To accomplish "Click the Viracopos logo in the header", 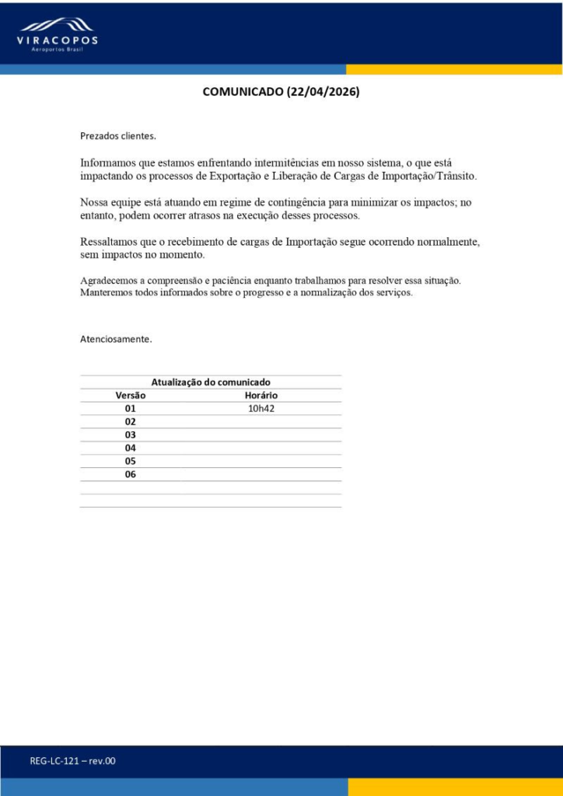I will [58, 34].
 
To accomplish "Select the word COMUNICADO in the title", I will [243, 92].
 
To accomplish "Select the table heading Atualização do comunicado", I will [211, 382].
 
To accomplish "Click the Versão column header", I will [131, 396].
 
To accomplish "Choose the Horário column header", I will [261, 396].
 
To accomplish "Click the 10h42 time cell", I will [261, 409].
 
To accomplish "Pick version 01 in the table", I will [131, 409].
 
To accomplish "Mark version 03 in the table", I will [131, 435].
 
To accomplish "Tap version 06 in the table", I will [131, 474].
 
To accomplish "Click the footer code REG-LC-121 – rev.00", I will [72, 761].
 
